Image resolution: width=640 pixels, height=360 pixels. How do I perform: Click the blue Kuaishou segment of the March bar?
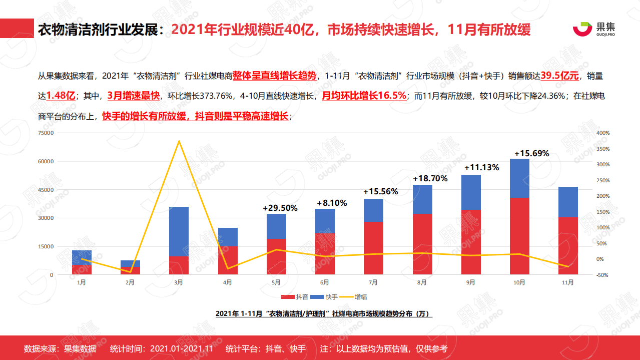point(179,231)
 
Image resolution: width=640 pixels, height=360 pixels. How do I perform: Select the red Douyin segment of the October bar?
point(519,236)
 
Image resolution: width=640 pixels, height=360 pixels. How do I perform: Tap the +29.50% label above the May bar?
point(280,208)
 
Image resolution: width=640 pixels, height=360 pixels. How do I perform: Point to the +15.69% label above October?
point(531,153)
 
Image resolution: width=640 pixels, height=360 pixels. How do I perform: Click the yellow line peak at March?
point(179,141)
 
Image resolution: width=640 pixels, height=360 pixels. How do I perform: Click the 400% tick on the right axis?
point(603,133)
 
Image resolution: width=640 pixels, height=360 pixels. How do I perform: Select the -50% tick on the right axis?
point(602,275)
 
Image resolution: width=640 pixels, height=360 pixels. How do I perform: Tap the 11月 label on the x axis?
point(567,282)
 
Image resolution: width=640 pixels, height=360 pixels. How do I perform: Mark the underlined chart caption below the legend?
point(323,313)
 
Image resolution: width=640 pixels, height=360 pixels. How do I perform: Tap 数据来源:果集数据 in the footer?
point(60,348)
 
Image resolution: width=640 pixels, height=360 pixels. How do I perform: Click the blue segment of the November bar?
point(568,202)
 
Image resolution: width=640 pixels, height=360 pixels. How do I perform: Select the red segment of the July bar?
point(373,248)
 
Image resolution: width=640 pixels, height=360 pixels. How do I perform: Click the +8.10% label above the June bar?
point(332,203)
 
